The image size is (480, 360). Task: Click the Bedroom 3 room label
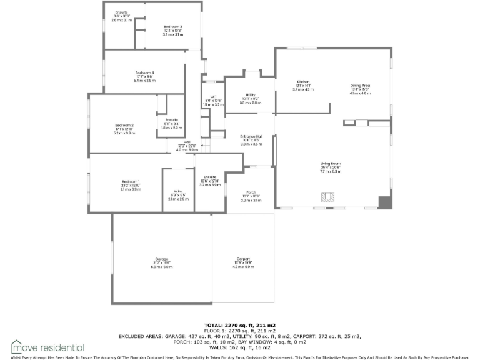click(172, 27)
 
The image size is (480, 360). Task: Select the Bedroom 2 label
click(124, 125)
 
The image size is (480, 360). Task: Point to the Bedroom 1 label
click(131, 181)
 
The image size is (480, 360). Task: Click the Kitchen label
click(303, 82)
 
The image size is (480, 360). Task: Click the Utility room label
click(250, 95)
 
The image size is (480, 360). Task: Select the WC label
click(213, 97)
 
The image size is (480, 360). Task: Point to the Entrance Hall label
click(251, 136)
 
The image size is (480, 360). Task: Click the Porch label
click(250, 193)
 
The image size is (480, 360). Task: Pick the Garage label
click(162, 259)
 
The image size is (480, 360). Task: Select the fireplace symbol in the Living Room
click(328, 197)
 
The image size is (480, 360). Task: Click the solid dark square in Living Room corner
click(384, 203)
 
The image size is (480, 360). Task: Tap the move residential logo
click(47, 347)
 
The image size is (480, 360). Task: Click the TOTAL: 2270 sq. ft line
click(240, 326)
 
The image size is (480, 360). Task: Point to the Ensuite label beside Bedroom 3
click(121, 13)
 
